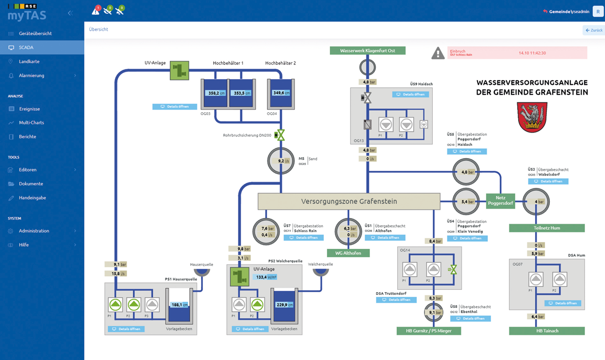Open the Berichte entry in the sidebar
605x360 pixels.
tap(27, 137)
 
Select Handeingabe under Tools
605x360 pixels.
tap(32, 198)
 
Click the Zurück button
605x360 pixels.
tap(593, 30)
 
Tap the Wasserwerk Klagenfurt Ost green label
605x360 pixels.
tap(367, 51)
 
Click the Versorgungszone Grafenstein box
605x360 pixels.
tap(349, 201)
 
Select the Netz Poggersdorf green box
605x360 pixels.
tap(501, 200)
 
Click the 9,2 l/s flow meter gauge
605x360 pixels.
tap(281, 160)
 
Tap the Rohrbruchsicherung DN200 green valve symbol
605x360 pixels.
tap(280, 135)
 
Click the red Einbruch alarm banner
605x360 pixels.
tap(517, 53)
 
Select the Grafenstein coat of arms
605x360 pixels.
tap(532, 117)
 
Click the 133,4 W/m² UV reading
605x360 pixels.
tap(266, 277)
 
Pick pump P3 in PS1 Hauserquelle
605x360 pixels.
tap(153, 305)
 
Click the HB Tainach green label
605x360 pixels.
tap(546, 331)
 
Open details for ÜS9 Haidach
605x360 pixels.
tap(410, 94)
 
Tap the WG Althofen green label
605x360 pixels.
tap(348, 253)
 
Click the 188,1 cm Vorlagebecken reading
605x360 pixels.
tap(179, 305)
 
